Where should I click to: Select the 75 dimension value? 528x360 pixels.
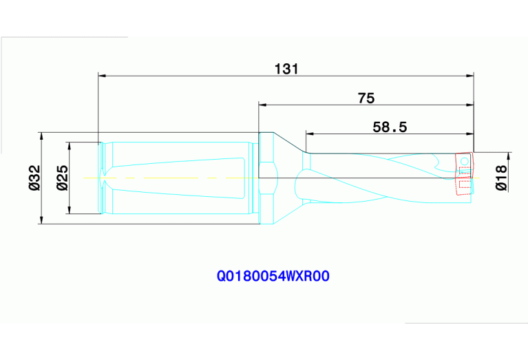tap(366, 98)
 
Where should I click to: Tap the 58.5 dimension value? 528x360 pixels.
tap(390, 127)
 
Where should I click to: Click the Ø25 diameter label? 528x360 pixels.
tap(61, 178)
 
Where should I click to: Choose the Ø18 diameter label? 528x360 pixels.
tap(501, 178)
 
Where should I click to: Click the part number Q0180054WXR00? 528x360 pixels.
tap(274, 277)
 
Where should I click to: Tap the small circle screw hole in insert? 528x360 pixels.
tap(465, 161)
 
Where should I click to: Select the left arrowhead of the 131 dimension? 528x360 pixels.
tap(103, 74)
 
